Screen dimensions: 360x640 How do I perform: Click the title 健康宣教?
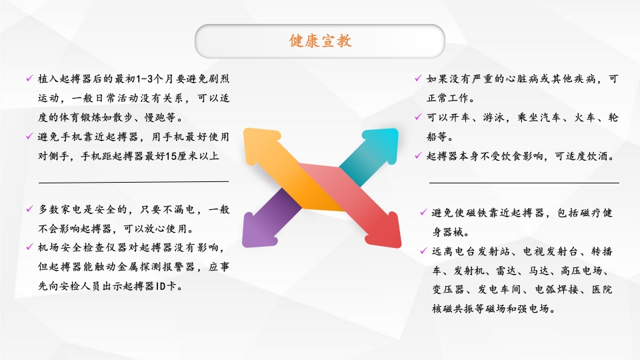(x=320, y=41)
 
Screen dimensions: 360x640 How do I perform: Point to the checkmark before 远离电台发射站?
(x=423, y=251)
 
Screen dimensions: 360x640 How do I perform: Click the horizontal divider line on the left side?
(x=133, y=181)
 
